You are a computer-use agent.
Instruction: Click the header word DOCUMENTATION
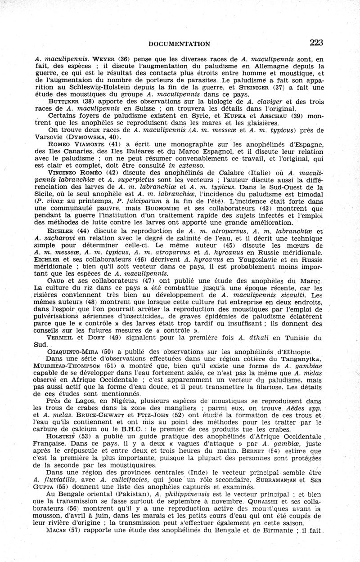coord(180,44)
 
